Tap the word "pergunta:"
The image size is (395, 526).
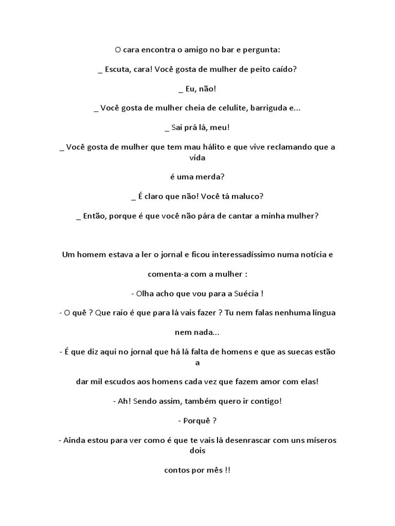(263, 50)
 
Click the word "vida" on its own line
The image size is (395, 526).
(197, 158)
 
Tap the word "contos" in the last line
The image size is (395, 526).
(176, 471)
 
